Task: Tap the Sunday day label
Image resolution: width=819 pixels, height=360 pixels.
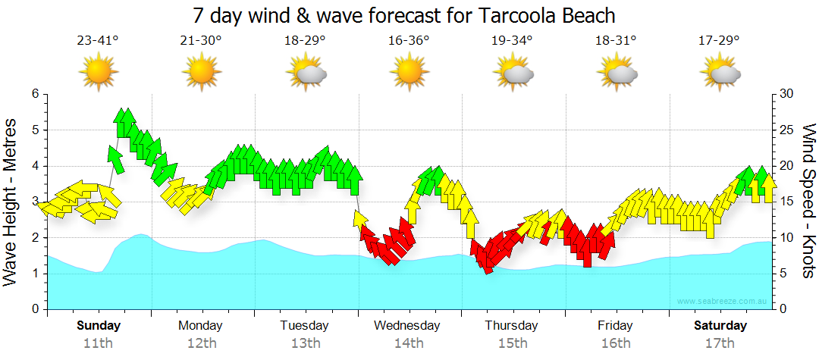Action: pos(98,326)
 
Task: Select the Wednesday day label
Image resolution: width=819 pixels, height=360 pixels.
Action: pos(407,326)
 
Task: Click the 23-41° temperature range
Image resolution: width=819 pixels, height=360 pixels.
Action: pos(98,41)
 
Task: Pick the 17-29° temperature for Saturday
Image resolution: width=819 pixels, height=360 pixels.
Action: pos(718,41)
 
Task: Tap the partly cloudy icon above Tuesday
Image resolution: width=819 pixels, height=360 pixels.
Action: pos(306,73)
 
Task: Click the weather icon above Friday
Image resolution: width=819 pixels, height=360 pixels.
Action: pos(616,73)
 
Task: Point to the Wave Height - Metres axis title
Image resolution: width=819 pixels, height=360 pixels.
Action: pos(11,202)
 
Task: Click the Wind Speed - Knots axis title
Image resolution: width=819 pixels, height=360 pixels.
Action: pos(808,202)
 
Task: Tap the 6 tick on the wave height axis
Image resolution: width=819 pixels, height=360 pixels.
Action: pos(34,94)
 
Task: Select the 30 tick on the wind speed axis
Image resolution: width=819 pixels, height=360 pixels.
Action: pos(786,94)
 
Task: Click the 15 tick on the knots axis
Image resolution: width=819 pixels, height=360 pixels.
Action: pos(786,202)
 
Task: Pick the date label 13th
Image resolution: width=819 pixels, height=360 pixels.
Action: pos(305,343)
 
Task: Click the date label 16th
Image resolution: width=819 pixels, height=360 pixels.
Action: pos(615,343)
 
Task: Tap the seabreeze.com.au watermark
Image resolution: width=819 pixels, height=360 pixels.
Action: pos(723,302)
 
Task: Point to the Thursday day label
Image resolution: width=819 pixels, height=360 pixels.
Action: pos(511,326)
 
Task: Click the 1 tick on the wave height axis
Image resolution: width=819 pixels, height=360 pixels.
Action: pos(34,274)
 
